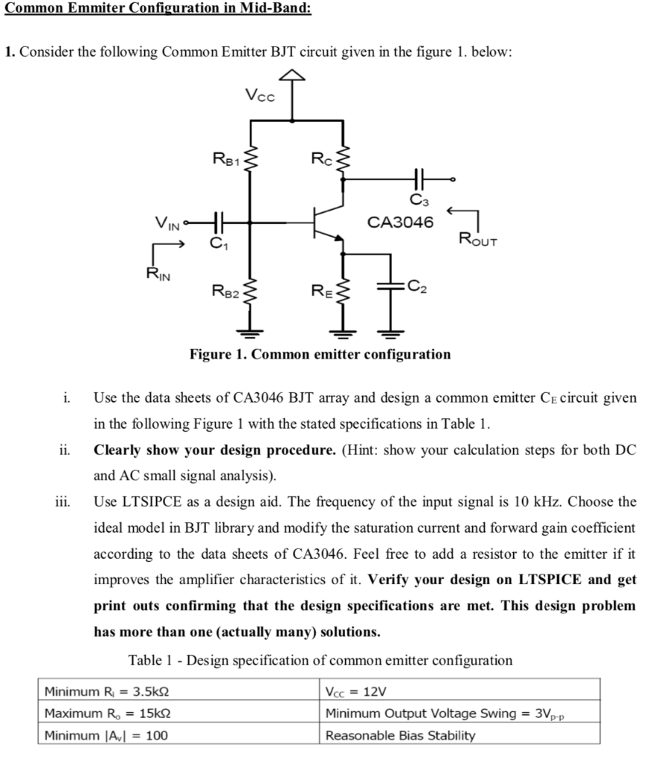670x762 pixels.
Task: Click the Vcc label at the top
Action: pyautogui.click(x=260, y=95)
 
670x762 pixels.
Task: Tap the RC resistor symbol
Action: pyautogui.click(x=343, y=159)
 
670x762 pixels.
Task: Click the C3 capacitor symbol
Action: pyautogui.click(x=416, y=179)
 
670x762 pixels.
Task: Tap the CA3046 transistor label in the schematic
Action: pyautogui.click(x=401, y=221)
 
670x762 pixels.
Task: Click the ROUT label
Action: pyautogui.click(x=477, y=240)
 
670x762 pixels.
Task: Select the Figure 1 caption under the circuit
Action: pyautogui.click(x=320, y=354)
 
